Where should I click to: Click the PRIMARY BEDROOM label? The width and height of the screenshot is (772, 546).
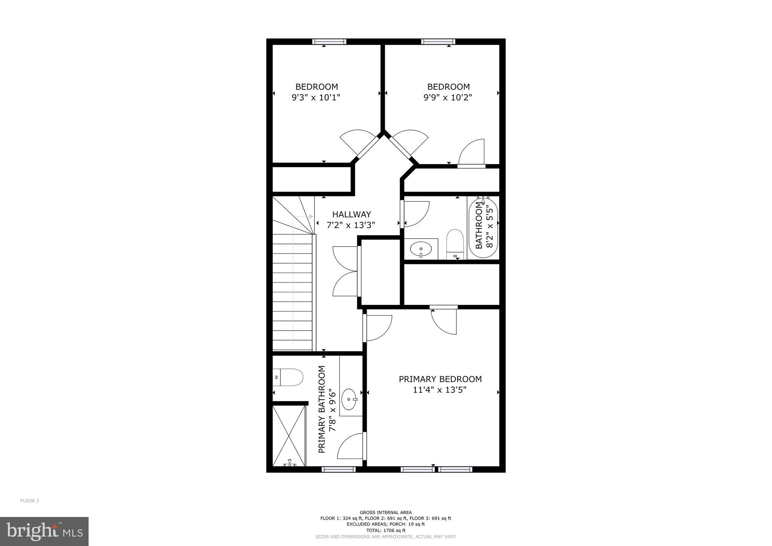[440, 379]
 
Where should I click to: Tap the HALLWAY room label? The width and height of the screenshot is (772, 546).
[351, 215]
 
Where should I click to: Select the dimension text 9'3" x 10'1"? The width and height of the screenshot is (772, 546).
[316, 98]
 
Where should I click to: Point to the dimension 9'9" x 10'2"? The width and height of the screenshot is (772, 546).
[447, 98]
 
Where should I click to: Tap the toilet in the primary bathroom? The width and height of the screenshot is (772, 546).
[288, 377]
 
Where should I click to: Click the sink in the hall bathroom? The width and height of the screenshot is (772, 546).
[421, 249]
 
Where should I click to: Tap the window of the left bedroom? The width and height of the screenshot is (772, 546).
[329, 41]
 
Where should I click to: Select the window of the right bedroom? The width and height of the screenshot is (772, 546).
[438, 41]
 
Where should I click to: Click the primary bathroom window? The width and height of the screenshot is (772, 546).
[339, 469]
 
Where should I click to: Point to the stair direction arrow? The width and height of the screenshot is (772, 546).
[311, 216]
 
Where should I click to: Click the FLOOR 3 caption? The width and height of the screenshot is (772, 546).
[29, 501]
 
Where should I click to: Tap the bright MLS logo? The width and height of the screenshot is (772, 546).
[44, 532]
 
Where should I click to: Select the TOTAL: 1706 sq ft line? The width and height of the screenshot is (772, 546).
[386, 530]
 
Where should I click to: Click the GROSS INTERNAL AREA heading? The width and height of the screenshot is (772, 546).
[386, 512]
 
